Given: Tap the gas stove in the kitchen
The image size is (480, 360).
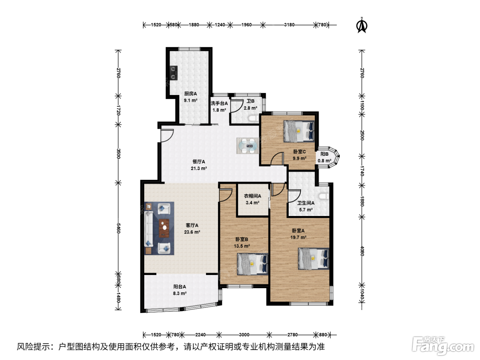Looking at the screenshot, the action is (x=173, y=73).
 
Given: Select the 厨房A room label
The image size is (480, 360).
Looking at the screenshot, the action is (x=191, y=94).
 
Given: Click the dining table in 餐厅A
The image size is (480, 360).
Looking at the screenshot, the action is (x=248, y=146).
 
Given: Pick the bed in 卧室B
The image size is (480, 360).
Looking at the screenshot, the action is (x=253, y=264).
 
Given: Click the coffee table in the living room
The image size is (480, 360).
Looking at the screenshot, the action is (x=164, y=228).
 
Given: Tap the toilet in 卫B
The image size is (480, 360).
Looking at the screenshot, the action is (x=254, y=119).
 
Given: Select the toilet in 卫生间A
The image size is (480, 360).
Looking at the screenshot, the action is (x=324, y=196).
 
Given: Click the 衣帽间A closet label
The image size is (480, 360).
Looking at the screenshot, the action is (x=253, y=196).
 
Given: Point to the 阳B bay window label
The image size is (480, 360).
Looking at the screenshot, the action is (x=325, y=154).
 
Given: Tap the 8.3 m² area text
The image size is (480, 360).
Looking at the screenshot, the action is (x=180, y=293).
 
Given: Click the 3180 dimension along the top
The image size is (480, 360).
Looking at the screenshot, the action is (x=289, y=25).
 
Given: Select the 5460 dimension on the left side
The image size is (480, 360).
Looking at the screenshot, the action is (x=118, y=228).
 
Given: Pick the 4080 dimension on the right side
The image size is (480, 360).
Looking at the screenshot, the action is (x=362, y=251).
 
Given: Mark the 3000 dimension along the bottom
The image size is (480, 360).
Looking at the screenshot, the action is (x=244, y=335).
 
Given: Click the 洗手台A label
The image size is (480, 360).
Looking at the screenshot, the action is (x=219, y=104).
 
